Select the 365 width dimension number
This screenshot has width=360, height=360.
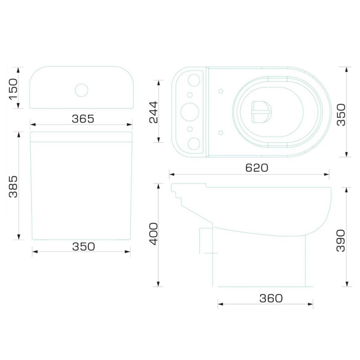[x=83, y=119]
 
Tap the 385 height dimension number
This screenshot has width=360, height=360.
[x=13, y=187]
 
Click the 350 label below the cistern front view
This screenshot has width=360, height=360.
[x=84, y=247]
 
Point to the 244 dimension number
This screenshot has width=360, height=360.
[x=154, y=112]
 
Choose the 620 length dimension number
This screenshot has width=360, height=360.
[x=256, y=168]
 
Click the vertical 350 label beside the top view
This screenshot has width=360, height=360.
[x=341, y=115]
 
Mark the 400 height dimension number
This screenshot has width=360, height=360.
[x=154, y=234]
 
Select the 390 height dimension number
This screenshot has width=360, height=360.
[x=341, y=241]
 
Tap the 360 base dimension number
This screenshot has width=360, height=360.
[x=271, y=298]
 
